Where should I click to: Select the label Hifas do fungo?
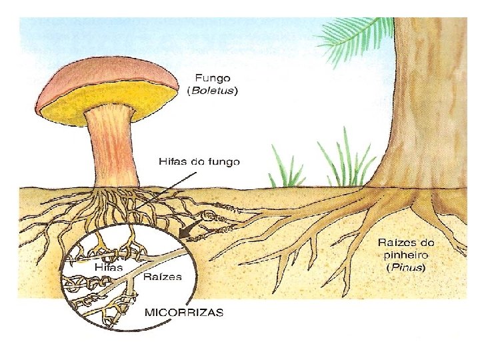pyautogui.click(x=199, y=161)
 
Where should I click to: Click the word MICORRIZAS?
pyautogui.click(x=185, y=311)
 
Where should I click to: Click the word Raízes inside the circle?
pyautogui.click(x=163, y=277)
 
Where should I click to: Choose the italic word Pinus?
pyautogui.click(x=406, y=268)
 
